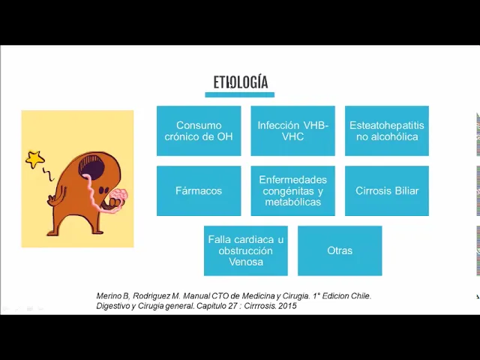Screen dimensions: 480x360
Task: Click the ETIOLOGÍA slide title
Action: click(240, 82)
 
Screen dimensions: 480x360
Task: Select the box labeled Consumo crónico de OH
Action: click(199, 130)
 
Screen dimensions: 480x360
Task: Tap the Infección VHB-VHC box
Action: click(293, 130)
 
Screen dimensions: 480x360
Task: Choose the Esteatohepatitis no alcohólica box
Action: click(387, 130)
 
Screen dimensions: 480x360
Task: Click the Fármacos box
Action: click(199, 190)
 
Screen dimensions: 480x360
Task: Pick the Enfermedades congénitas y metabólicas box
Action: click(293, 190)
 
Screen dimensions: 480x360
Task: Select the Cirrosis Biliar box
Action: click(387, 190)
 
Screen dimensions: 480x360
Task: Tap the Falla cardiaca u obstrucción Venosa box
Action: click(246, 250)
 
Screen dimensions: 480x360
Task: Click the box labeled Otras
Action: click(340, 250)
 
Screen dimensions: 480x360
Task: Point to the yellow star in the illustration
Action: click(34, 159)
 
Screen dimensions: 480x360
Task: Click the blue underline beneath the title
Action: click(240, 94)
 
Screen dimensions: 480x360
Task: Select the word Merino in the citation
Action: click(110, 295)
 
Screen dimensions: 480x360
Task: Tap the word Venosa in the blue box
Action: click(246, 262)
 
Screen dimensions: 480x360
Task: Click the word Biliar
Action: click(405, 190)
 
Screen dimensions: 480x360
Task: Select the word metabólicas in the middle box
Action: click(293, 202)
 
